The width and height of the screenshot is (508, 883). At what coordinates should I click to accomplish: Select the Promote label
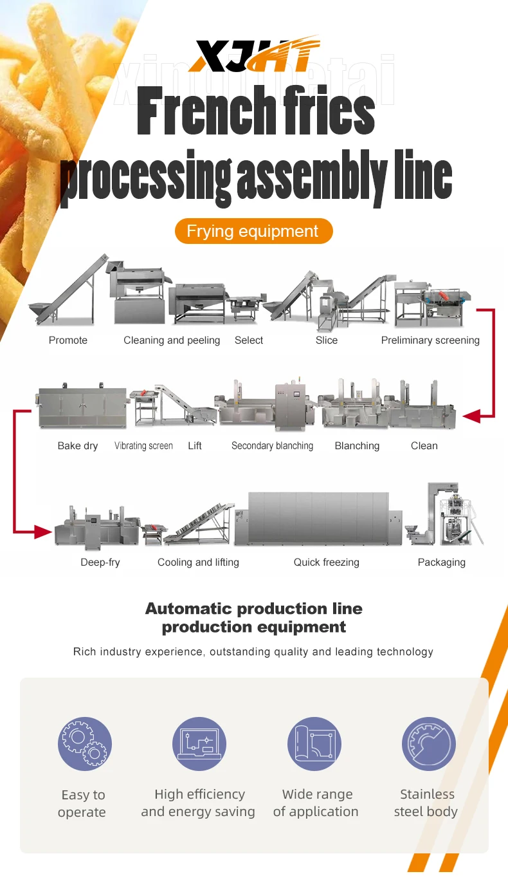pyautogui.click(x=68, y=340)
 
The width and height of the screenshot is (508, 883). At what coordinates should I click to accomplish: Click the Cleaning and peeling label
pyautogui.click(x=172, y=340)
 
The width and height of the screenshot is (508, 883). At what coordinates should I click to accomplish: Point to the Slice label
pyautogui.click(x=327, y=340)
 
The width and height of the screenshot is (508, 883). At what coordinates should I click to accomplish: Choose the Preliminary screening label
pyautogui.click(x=430, y=340)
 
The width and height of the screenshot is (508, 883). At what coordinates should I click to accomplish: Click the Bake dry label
pyautogui.click(x=78, y=445)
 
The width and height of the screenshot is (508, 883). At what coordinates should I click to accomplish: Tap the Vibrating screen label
pyautogui.click(x=143, y=445)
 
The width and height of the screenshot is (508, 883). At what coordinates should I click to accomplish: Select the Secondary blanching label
pyautogui.click(x=272, y=445)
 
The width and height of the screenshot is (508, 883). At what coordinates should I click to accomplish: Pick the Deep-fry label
pyautogui.click(x=100, y=562)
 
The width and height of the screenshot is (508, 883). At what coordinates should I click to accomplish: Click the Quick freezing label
pyautogui.click(x=327, y=562)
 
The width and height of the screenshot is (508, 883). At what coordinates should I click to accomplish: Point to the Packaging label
pyautogui.click(x=441, y=562)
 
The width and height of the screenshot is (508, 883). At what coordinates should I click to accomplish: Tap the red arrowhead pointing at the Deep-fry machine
pyautogui.click(x=42, y=532)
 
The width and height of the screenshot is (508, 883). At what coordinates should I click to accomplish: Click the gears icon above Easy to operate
pyautogui.click(x=84, y=744)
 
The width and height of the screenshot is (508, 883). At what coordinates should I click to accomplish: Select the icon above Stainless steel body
pyautogui.click(x=428, y=744)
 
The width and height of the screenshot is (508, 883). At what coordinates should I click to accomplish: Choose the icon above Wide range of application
pyautogui.click(x=314, y=744)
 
